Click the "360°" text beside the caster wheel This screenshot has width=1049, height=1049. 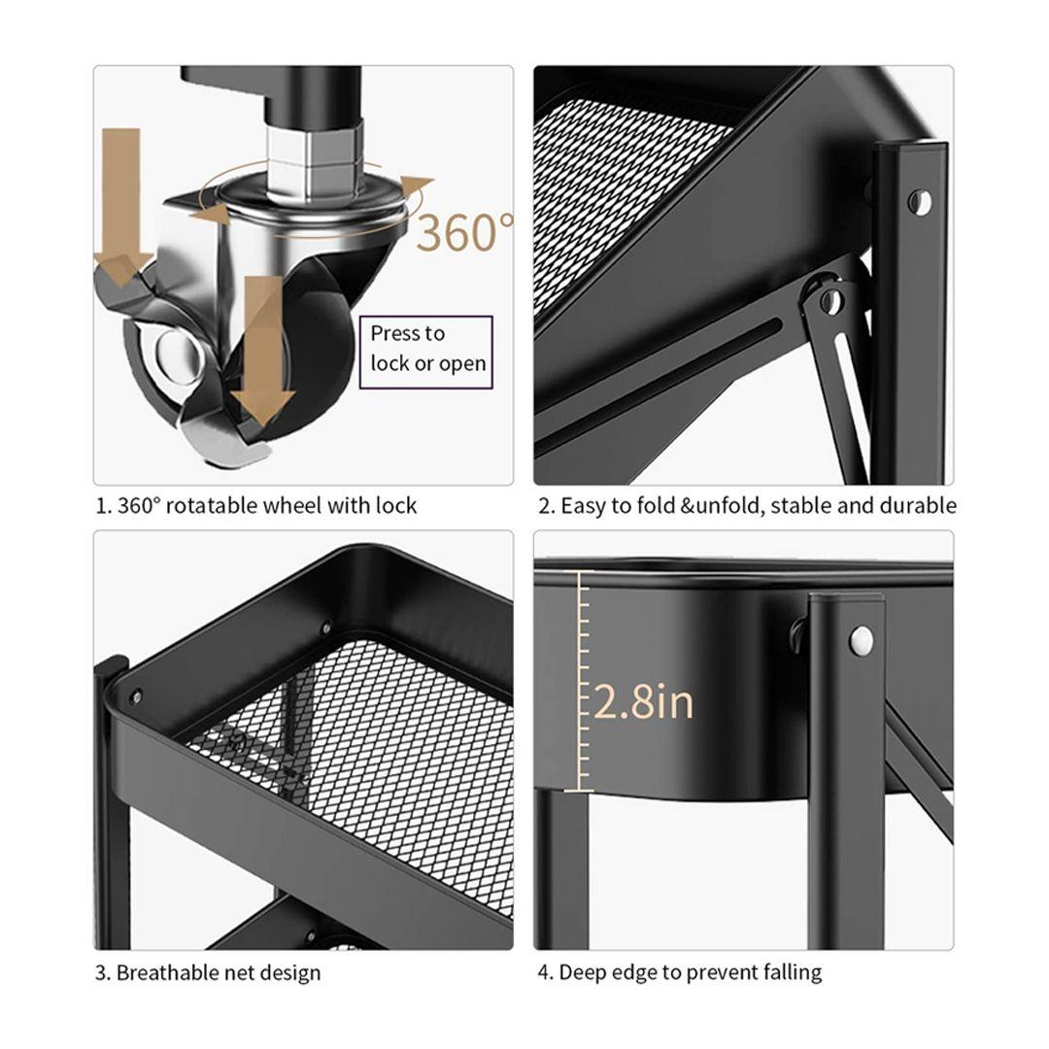[466, 231]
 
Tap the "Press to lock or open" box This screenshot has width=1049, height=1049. [426, 352]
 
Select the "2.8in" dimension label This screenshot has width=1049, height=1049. [643, 702]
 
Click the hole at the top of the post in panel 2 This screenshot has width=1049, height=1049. [920, 202]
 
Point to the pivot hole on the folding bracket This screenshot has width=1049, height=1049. [829, 299]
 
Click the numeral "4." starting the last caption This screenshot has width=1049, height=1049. [545, 972]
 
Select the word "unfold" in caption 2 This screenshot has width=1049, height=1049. [729, 505]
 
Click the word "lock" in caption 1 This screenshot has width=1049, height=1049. [396, 505]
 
